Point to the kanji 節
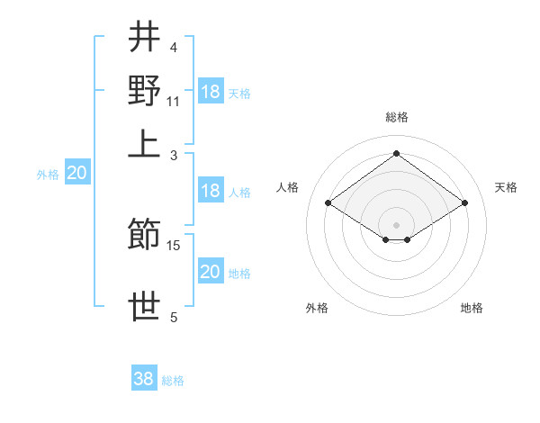144,236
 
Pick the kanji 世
144,307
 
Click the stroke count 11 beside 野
173,101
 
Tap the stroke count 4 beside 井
173,47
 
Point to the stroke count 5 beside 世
173,317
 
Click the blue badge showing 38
144,379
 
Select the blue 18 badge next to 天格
211,91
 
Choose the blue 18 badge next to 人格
211,190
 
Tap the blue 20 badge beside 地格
211,272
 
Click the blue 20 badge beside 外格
76,174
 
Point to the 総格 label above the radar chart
397,117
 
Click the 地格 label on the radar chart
472,308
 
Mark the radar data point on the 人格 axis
328,203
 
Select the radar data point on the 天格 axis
464,203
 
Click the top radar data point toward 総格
396,154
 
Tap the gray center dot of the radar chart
396,224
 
